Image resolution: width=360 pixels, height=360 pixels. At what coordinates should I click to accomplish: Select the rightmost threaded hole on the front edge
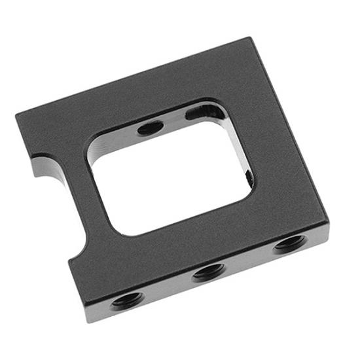289,244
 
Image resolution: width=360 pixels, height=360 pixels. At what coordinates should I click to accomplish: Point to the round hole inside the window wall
151,128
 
